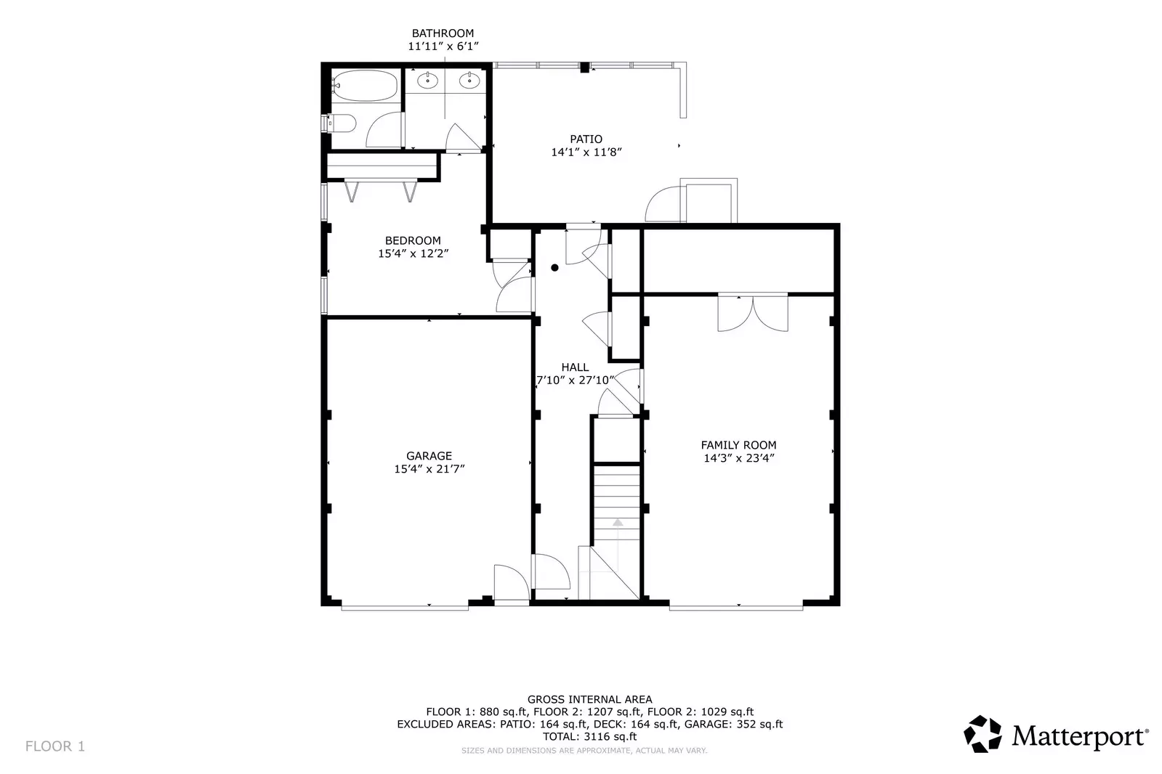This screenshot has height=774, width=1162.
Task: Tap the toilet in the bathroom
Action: [342, 124]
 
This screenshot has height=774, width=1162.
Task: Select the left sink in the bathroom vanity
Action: [427, 81]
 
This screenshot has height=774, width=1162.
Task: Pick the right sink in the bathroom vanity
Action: [470, 81]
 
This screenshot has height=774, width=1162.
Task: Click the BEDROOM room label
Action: [413, 241]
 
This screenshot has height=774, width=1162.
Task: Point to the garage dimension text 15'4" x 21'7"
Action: [429, 470]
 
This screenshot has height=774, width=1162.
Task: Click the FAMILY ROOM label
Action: [738, 445]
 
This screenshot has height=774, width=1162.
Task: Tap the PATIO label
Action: [586, 139]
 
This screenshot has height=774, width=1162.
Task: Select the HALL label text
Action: [575, 367]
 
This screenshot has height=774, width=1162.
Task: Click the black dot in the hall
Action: [554, 268]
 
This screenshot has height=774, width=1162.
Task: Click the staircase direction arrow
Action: [617, 522]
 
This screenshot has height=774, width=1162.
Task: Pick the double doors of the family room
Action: [753, 313]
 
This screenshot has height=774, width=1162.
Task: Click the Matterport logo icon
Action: [983, 734]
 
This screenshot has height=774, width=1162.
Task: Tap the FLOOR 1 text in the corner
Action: [55, 746]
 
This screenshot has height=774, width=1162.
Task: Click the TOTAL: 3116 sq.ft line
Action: [589, 736]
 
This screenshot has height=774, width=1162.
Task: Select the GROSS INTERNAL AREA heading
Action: [589, 700]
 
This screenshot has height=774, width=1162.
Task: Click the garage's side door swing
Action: [510, 582]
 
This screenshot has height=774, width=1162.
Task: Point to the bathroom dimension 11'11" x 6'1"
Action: [443, 46]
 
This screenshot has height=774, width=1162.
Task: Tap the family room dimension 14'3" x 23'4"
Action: [738, 458]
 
